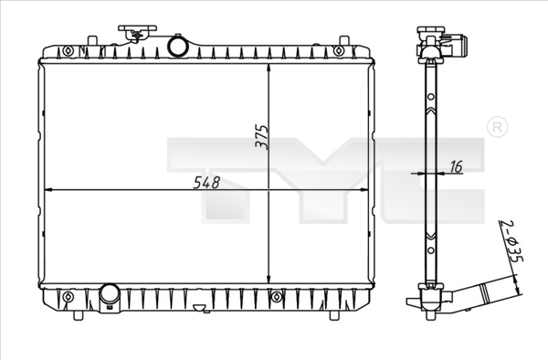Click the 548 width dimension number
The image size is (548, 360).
pos(207,182)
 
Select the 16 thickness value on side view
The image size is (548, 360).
pos(457,166)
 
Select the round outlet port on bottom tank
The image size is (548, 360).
pos(111,295)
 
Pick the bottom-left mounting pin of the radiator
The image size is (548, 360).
pos(79,315)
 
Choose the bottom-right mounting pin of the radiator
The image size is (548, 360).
pos(333,315)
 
